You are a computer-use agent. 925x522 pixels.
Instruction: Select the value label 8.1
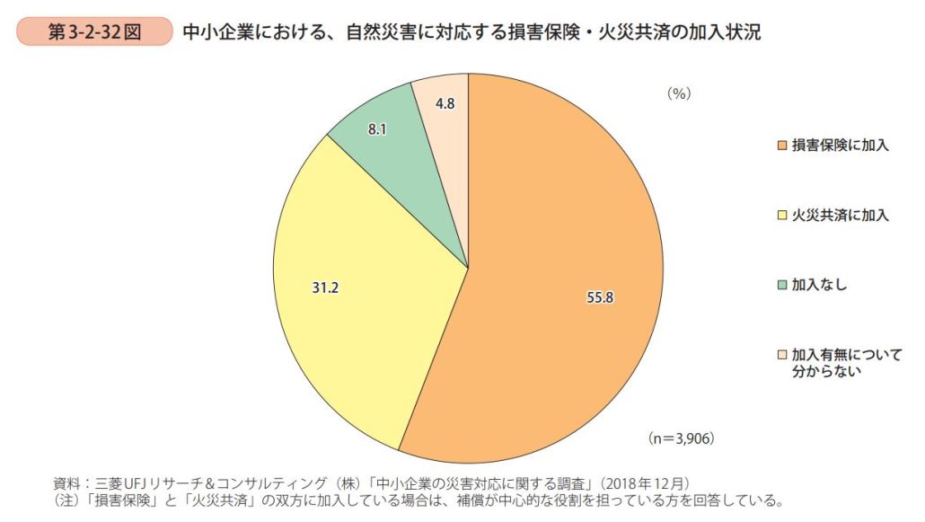pos(377,129)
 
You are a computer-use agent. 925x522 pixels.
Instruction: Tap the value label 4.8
pos(445,103)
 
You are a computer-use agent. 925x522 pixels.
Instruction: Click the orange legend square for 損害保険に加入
pos(783,146)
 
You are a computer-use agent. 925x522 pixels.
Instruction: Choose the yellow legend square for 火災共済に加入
pos(783,215)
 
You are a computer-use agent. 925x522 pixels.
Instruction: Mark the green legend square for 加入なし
pos(783,285)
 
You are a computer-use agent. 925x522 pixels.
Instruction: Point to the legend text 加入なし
pos(819,285)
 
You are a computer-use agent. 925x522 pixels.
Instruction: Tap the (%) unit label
pos(678,93)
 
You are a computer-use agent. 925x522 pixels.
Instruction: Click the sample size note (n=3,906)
pos(681,438)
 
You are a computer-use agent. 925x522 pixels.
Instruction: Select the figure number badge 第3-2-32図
pos(94,33)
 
